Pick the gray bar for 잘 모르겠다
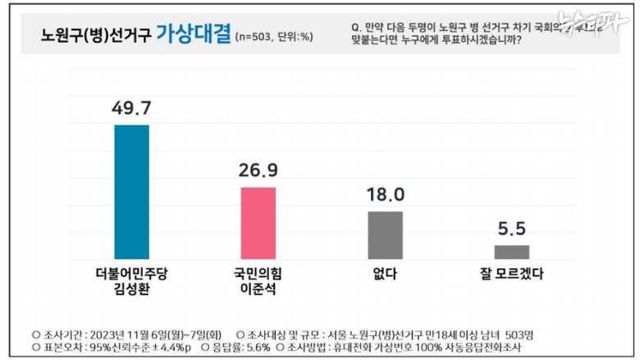[x=511, y=251]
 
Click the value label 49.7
[x=131, y=108]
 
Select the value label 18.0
[x=385, y=195]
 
